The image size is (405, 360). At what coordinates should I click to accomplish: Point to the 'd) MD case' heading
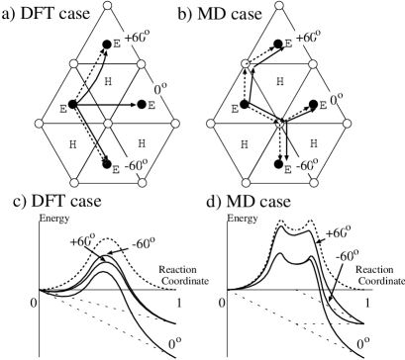[248, 202]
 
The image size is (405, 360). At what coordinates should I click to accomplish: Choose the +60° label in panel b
[308, 38]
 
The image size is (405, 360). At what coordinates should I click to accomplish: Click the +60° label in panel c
[82, 240]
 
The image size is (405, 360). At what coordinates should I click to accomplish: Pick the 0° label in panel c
[174, 343]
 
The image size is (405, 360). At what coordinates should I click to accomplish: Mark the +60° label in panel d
[337, 232]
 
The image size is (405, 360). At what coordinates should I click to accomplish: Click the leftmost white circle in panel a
[39, 124]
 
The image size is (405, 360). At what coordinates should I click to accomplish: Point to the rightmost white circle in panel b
[348, 124]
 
